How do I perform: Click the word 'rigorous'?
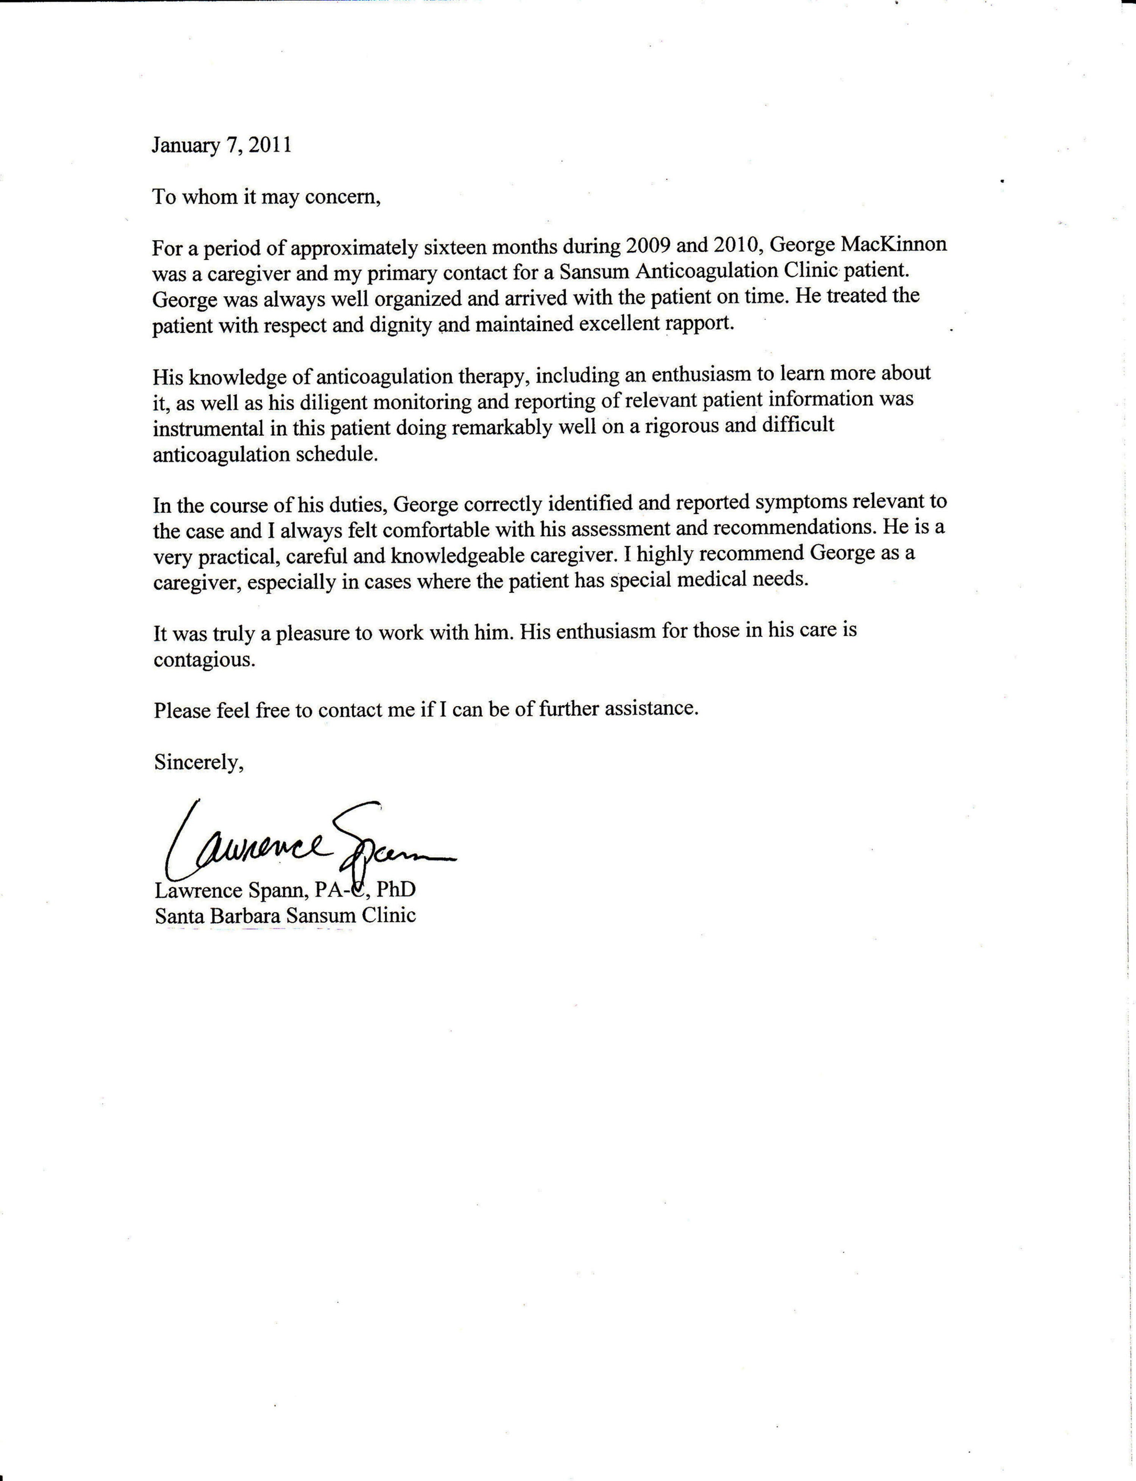click(680, 425)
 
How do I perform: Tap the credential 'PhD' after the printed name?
click(396, 889)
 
